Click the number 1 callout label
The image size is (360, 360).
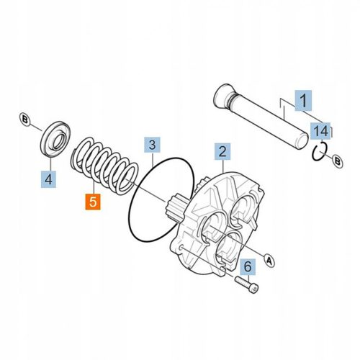coord(303,100)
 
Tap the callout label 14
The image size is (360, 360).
coord(320,130)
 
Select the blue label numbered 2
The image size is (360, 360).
coord(222,152)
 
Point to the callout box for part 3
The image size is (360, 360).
coord(151,145)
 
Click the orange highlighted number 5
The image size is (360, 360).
coord(94,200)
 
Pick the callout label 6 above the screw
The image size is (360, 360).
coord(247,266)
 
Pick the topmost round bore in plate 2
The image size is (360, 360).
coord(243,209)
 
